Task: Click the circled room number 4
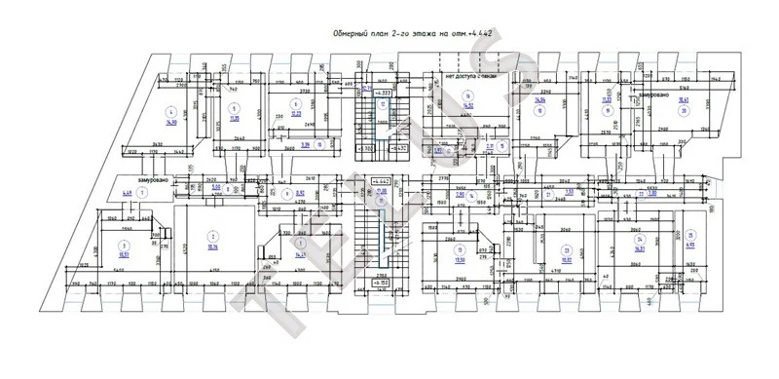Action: pos(170,111)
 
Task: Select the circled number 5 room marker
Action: pos(233,109)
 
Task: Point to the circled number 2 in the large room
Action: pos(210,237)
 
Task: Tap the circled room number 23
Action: pos(566,248)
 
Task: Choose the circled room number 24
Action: pos(639,240)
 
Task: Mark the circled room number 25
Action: pos(689,235)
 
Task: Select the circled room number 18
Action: pos(538,111)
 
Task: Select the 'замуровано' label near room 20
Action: pos(652,95)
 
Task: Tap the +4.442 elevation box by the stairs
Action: pos(382,181)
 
